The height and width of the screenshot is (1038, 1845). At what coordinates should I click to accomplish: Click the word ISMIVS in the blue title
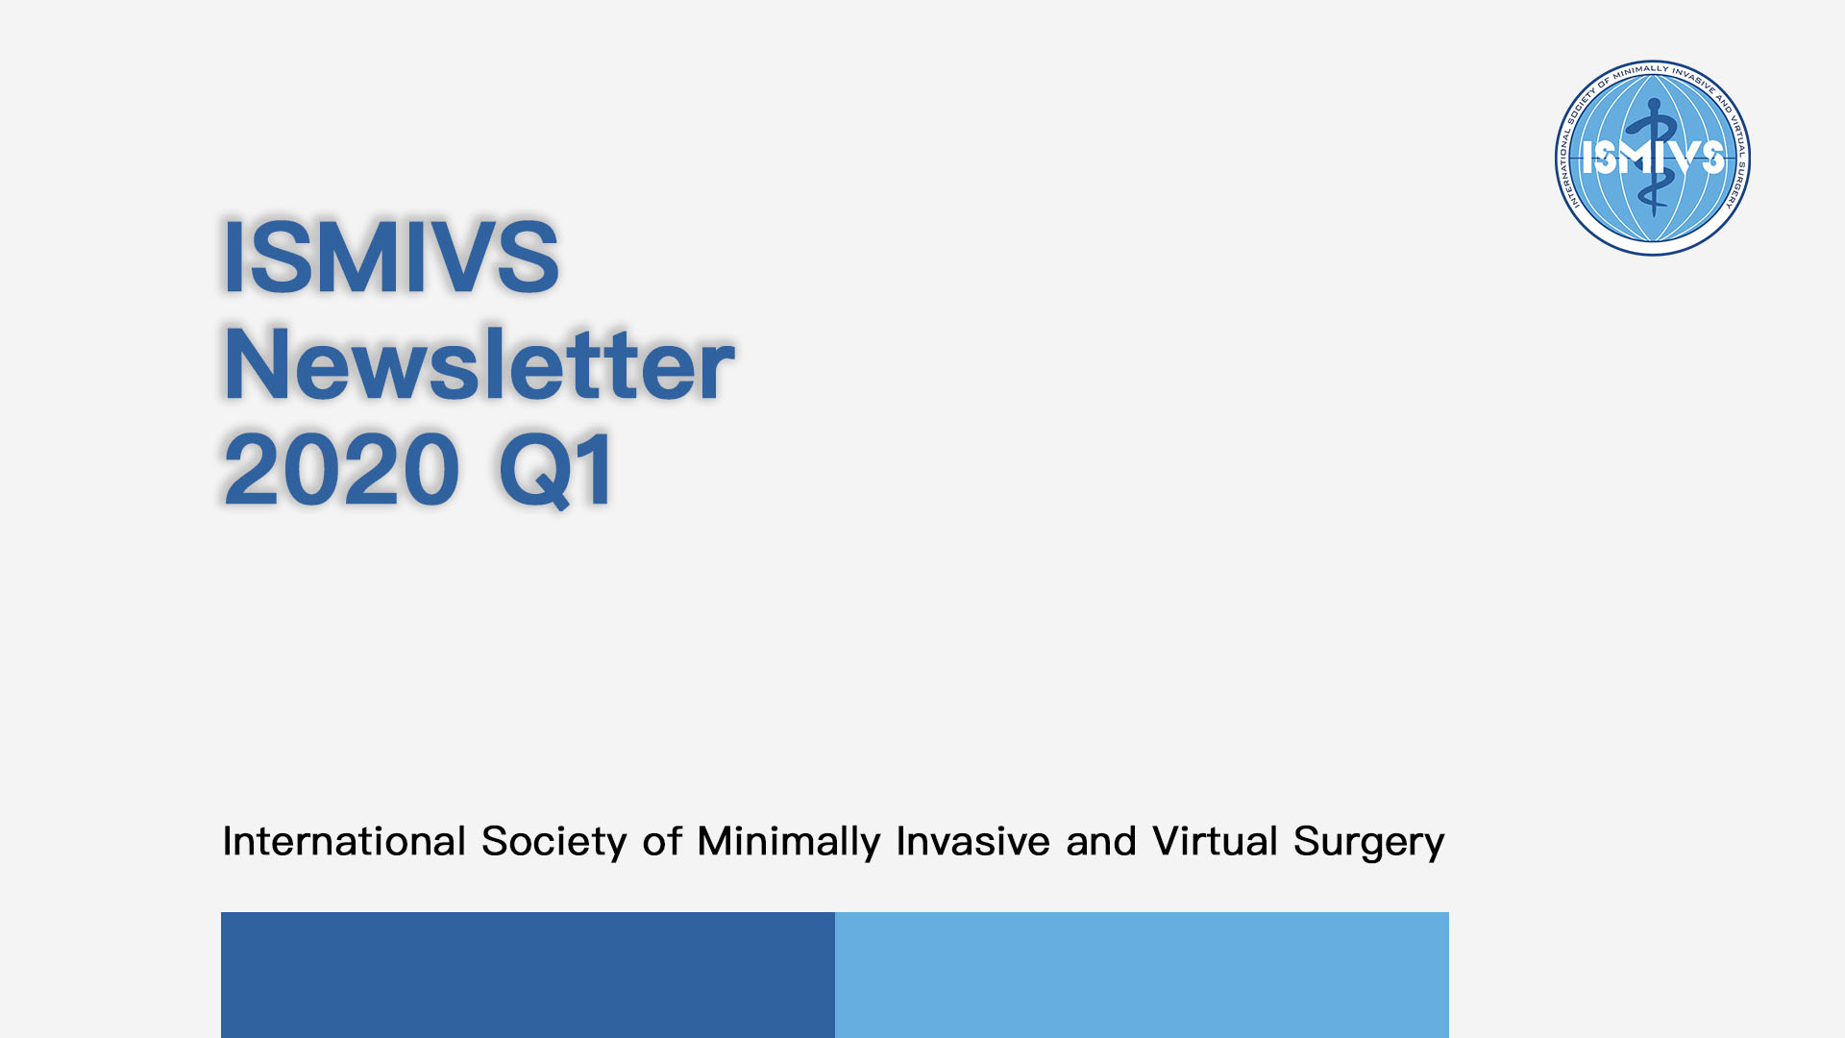[390, 257]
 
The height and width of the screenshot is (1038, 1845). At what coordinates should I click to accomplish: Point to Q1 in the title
[556, 470]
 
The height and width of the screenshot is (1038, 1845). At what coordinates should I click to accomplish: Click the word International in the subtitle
[344, 841]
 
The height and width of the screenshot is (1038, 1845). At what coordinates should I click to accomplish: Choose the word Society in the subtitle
[554, 843]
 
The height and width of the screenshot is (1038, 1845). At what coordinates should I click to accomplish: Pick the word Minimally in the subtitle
[789, 843]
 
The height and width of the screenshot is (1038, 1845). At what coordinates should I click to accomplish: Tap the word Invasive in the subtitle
[972, 841]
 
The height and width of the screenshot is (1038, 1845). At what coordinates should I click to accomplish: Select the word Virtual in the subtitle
[1215, 841]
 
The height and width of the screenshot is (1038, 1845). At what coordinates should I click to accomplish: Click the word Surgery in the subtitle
[1368, 843]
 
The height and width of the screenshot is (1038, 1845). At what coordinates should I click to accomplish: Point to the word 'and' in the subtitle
[1100, 841]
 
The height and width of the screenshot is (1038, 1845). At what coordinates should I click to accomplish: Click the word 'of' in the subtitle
[662, 841]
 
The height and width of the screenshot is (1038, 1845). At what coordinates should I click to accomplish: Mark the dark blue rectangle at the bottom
[528, 975]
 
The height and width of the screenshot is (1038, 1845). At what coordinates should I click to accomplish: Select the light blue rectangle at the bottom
[1142, 975]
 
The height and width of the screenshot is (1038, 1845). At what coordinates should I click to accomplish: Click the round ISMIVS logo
[1653, 158]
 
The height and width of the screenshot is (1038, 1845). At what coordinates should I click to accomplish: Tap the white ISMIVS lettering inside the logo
[1653, 158]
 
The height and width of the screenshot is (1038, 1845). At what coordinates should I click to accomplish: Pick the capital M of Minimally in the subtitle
[716, 841]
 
